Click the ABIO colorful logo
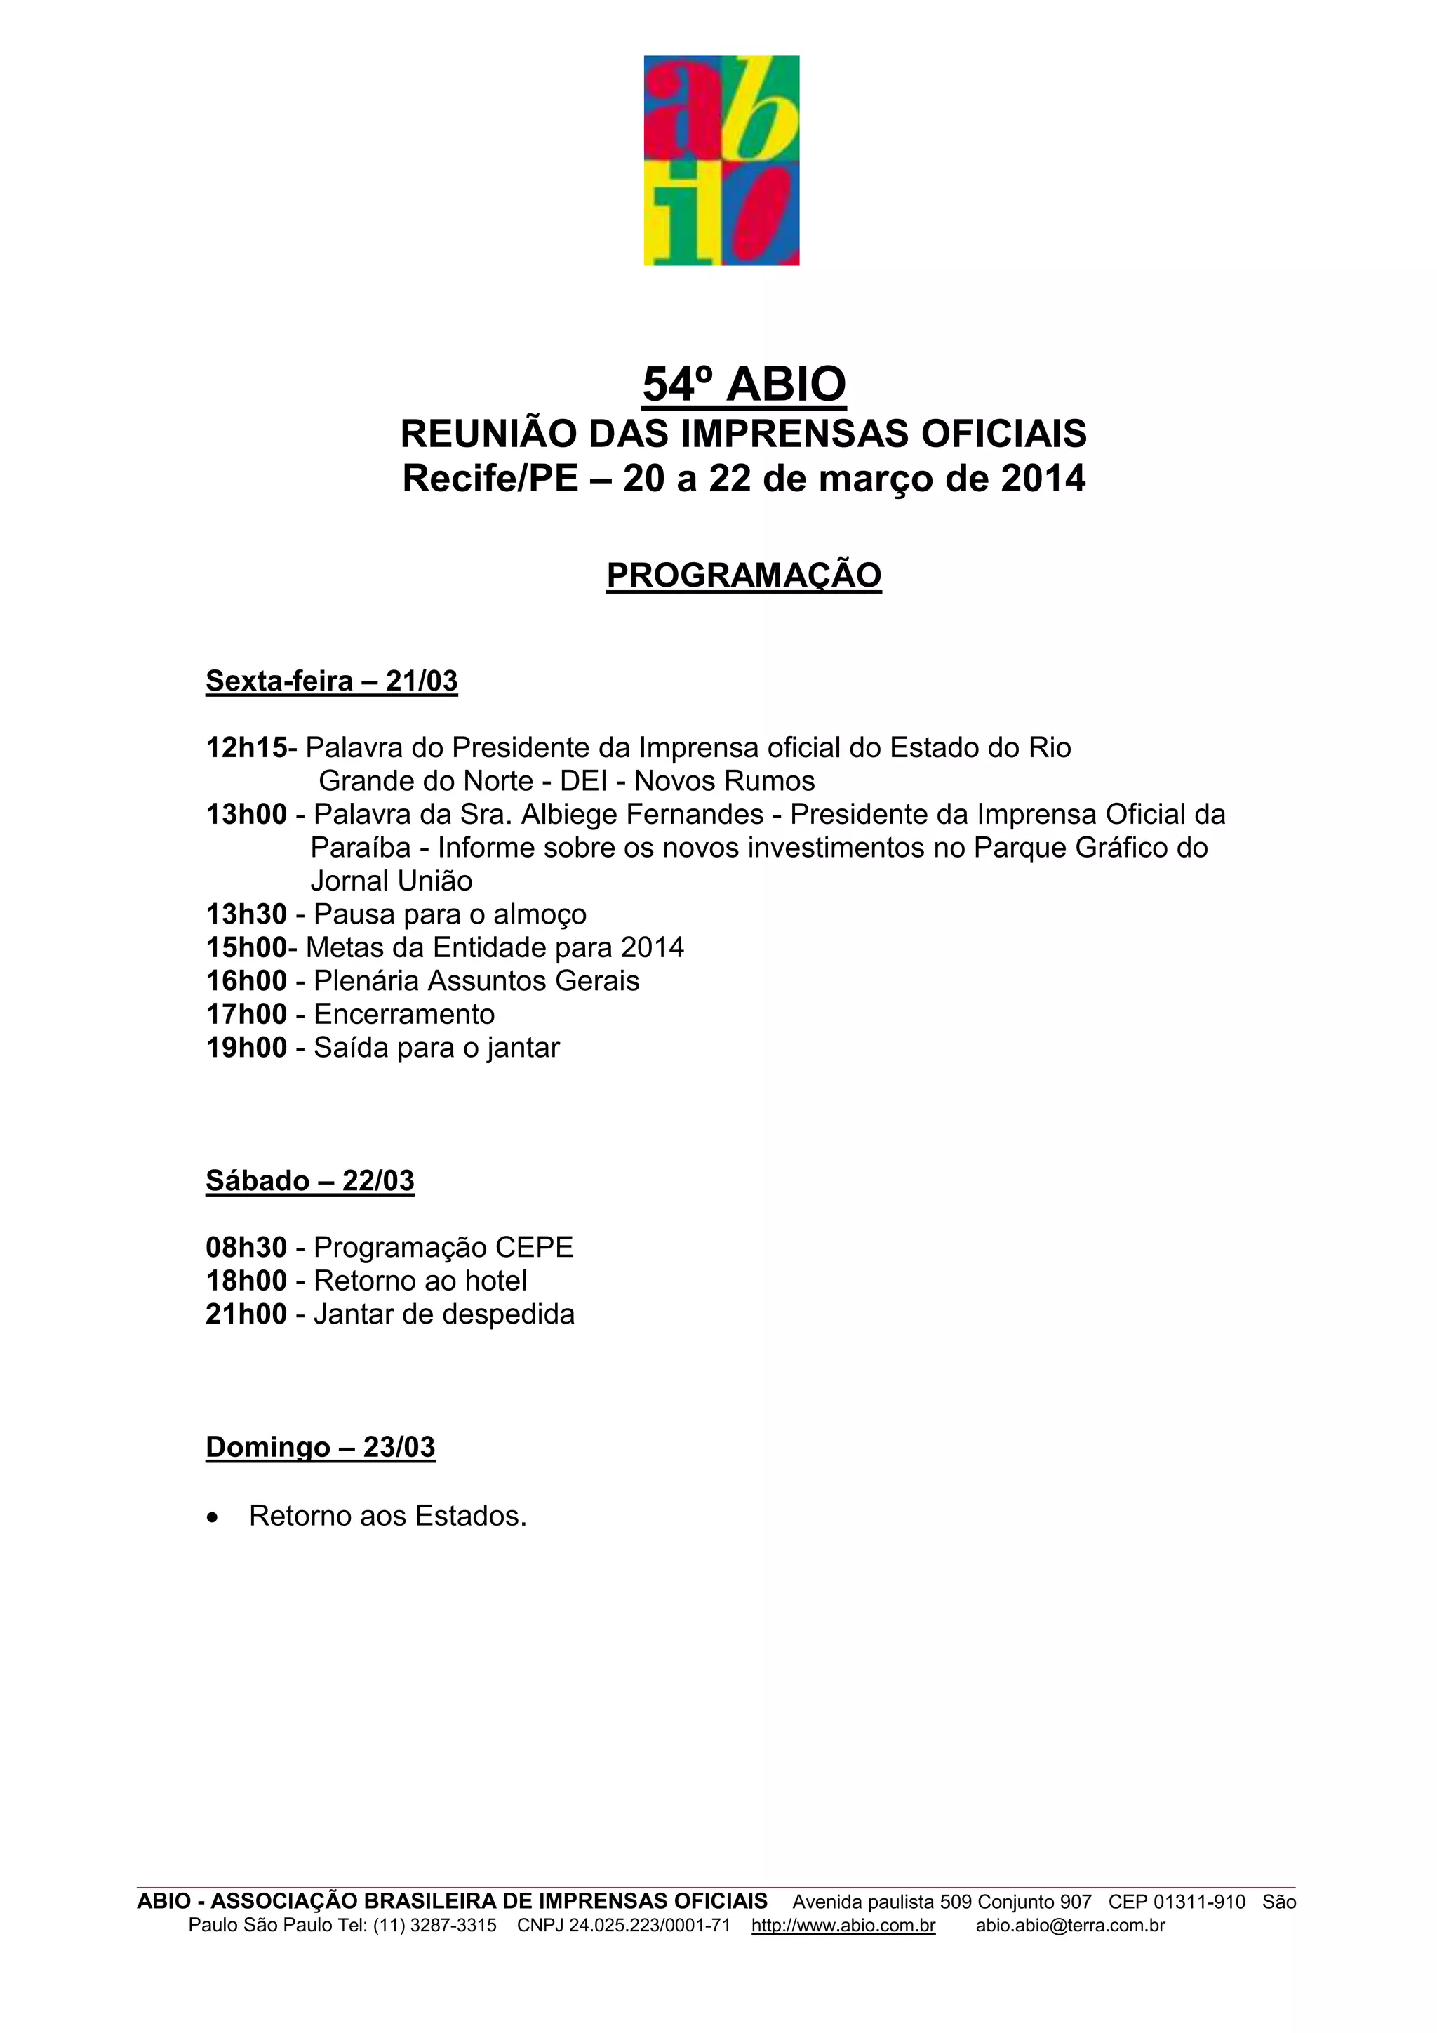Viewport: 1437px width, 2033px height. (721, 160)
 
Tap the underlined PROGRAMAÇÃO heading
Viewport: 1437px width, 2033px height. (744, 575)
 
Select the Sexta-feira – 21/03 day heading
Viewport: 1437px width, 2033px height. (331, 681)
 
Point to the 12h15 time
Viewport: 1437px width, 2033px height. (246, 748)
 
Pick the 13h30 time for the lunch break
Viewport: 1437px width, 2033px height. (246, 914)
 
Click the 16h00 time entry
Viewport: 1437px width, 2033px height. (246, 981)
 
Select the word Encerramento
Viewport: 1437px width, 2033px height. (403, 1015)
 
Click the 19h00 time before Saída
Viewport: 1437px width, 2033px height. (246, 1048)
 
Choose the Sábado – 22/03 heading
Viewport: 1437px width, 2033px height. (310, 1181)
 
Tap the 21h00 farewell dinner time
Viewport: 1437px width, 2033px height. (246, 1314)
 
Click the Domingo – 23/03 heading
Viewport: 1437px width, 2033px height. (321, 1448)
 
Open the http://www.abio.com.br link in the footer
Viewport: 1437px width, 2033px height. (843, 1926)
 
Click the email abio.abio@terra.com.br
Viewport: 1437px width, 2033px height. (1069, 1926)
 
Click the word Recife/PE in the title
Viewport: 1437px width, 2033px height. (490, 479)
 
